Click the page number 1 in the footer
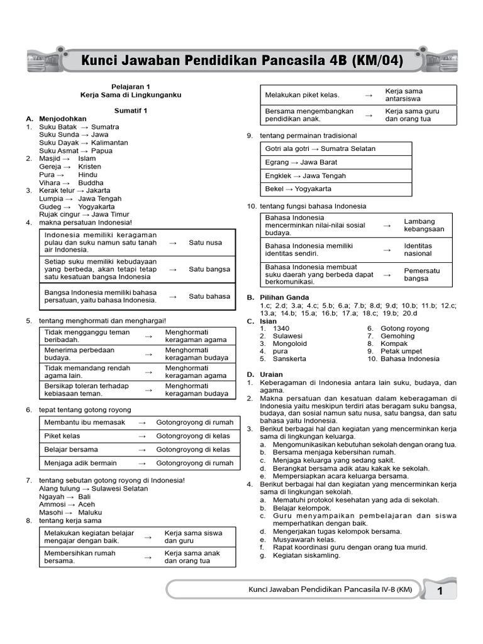[x=440, y=591]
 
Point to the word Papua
[x=102, y=151]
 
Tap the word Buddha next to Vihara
[x=91, y=182]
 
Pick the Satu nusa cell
[x=205, y=242]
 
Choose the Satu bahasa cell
[x=209, y=296]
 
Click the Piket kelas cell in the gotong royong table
[x=62, y=436]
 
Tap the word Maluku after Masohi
[x=90, y=513]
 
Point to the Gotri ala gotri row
[x=320, y=148]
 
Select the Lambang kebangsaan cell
[x=423, y=225]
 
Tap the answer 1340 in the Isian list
[x=281, y=328]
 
